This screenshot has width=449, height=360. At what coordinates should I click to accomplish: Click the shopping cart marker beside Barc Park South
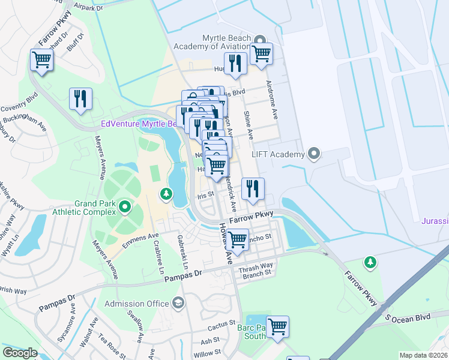coord(277,327)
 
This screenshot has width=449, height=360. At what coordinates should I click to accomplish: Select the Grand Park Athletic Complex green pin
coord(125,207)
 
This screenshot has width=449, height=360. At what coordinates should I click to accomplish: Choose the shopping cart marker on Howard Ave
coord(238,239)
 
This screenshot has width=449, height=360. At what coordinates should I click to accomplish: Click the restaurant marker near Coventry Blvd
coord(80,99)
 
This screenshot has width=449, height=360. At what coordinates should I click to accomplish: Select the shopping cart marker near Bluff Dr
coord(41,59)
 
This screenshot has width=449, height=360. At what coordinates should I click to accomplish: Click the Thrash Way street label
coord(256,265)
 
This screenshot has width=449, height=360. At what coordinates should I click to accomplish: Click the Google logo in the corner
coord(20,352)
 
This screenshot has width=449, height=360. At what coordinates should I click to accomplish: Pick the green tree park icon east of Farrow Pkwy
coord(371,262)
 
